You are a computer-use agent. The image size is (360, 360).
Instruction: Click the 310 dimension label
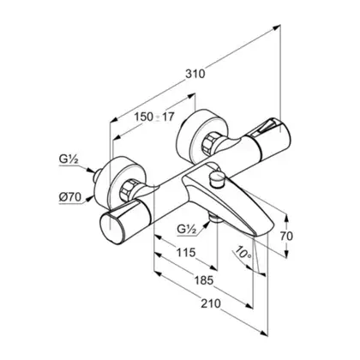[x=195, y=74]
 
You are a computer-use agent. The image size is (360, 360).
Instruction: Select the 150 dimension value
[x=144, y=117]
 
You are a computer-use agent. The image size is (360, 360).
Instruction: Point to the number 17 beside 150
[x=168, y=117]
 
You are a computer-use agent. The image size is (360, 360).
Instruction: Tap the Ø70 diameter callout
[x=70, y=197]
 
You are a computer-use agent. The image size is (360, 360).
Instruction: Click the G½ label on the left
[x=69, y=159]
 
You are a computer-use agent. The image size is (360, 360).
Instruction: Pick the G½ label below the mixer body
[x=187, y=229]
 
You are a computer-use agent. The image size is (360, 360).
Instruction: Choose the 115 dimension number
[x=186, y=253]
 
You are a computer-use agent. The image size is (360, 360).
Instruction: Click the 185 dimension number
[x=204, y=280]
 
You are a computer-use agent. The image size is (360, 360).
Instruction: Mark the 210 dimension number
[x=211, y=303]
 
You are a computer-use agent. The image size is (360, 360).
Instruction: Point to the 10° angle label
[x=243, y=252]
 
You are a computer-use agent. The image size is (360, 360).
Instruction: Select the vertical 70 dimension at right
[x=286, y=237]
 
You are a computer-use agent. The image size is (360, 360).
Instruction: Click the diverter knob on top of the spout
[x=218, y=179]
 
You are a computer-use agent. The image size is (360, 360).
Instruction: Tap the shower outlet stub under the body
[x=213, y=218]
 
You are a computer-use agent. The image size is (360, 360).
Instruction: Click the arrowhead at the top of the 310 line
[x=277, y=27]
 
